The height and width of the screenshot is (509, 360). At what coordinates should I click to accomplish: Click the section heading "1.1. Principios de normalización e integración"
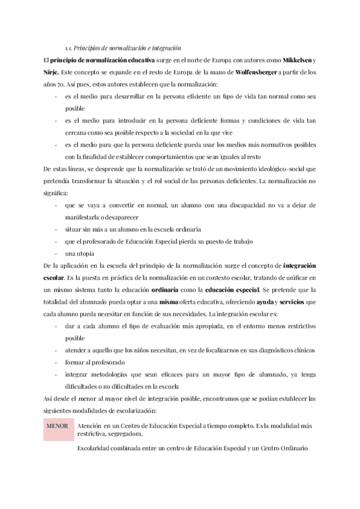123,47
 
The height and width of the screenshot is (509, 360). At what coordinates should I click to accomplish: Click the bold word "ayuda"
267,301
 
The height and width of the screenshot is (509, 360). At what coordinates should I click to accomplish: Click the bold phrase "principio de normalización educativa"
102,61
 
